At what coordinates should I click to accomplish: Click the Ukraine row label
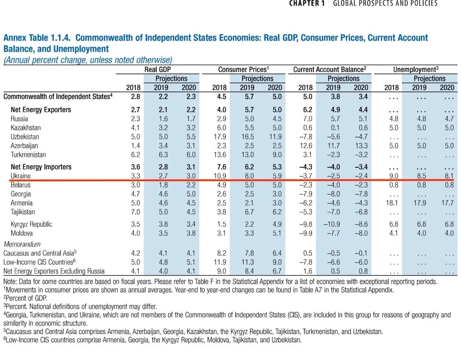(20, 176)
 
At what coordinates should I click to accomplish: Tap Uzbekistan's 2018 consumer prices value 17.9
(219, 137)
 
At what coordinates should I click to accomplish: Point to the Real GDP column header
(158, 69)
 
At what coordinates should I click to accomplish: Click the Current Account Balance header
(330, 69)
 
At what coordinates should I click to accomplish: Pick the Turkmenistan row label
(28, 155)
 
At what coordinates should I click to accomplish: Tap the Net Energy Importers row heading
(41, 167)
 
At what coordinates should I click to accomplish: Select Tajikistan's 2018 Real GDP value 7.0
(135, 212)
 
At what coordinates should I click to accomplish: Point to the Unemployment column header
(415, 69)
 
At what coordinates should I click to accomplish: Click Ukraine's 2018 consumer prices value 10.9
(219, 176)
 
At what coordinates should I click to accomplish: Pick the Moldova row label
(21, 233)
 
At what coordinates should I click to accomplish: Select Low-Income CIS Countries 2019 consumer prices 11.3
(247, 262)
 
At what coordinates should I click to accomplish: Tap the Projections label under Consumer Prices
(257, 79)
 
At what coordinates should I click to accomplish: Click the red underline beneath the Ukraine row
(230, 181)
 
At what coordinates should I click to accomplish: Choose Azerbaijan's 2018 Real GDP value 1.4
(135, 146)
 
